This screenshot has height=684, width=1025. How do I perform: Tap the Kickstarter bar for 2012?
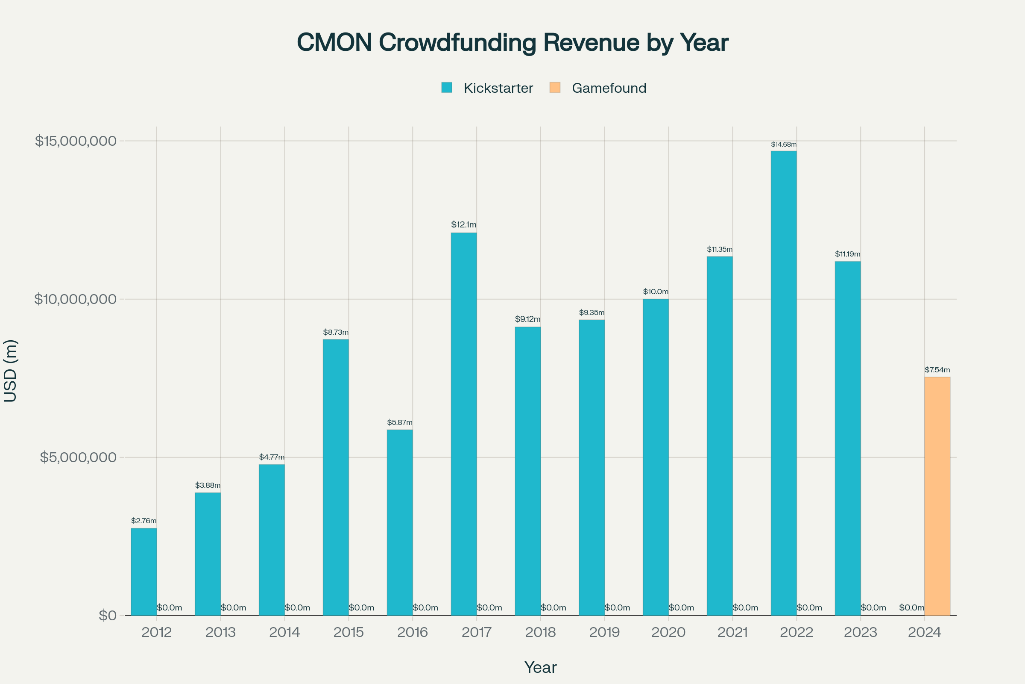(x=144, y=572)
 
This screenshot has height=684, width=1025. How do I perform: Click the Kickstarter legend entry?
(x=487, y=88)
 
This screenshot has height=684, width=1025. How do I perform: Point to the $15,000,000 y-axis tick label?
(x=76, y=141)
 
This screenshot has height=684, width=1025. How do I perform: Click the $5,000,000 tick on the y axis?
(x=79, y=457)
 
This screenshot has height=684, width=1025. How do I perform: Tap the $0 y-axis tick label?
(x=108, y=616)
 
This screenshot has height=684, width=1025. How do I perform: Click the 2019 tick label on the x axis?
(x=604, y=632)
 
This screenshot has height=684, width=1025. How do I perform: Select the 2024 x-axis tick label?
(x=924, y=632)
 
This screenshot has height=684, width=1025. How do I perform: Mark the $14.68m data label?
(x=784, y=144)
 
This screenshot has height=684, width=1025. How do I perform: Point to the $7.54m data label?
(x=937, y=370)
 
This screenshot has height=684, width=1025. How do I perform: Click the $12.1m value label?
(x=464, y=225)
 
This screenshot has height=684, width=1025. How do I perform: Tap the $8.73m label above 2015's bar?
(x=336, y=333)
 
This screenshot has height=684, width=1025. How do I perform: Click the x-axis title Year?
(x=540, y=667)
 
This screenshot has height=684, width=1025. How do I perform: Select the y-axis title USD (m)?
(x=10, y=371)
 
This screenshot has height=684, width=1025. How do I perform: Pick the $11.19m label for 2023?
(x=848, y=254)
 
